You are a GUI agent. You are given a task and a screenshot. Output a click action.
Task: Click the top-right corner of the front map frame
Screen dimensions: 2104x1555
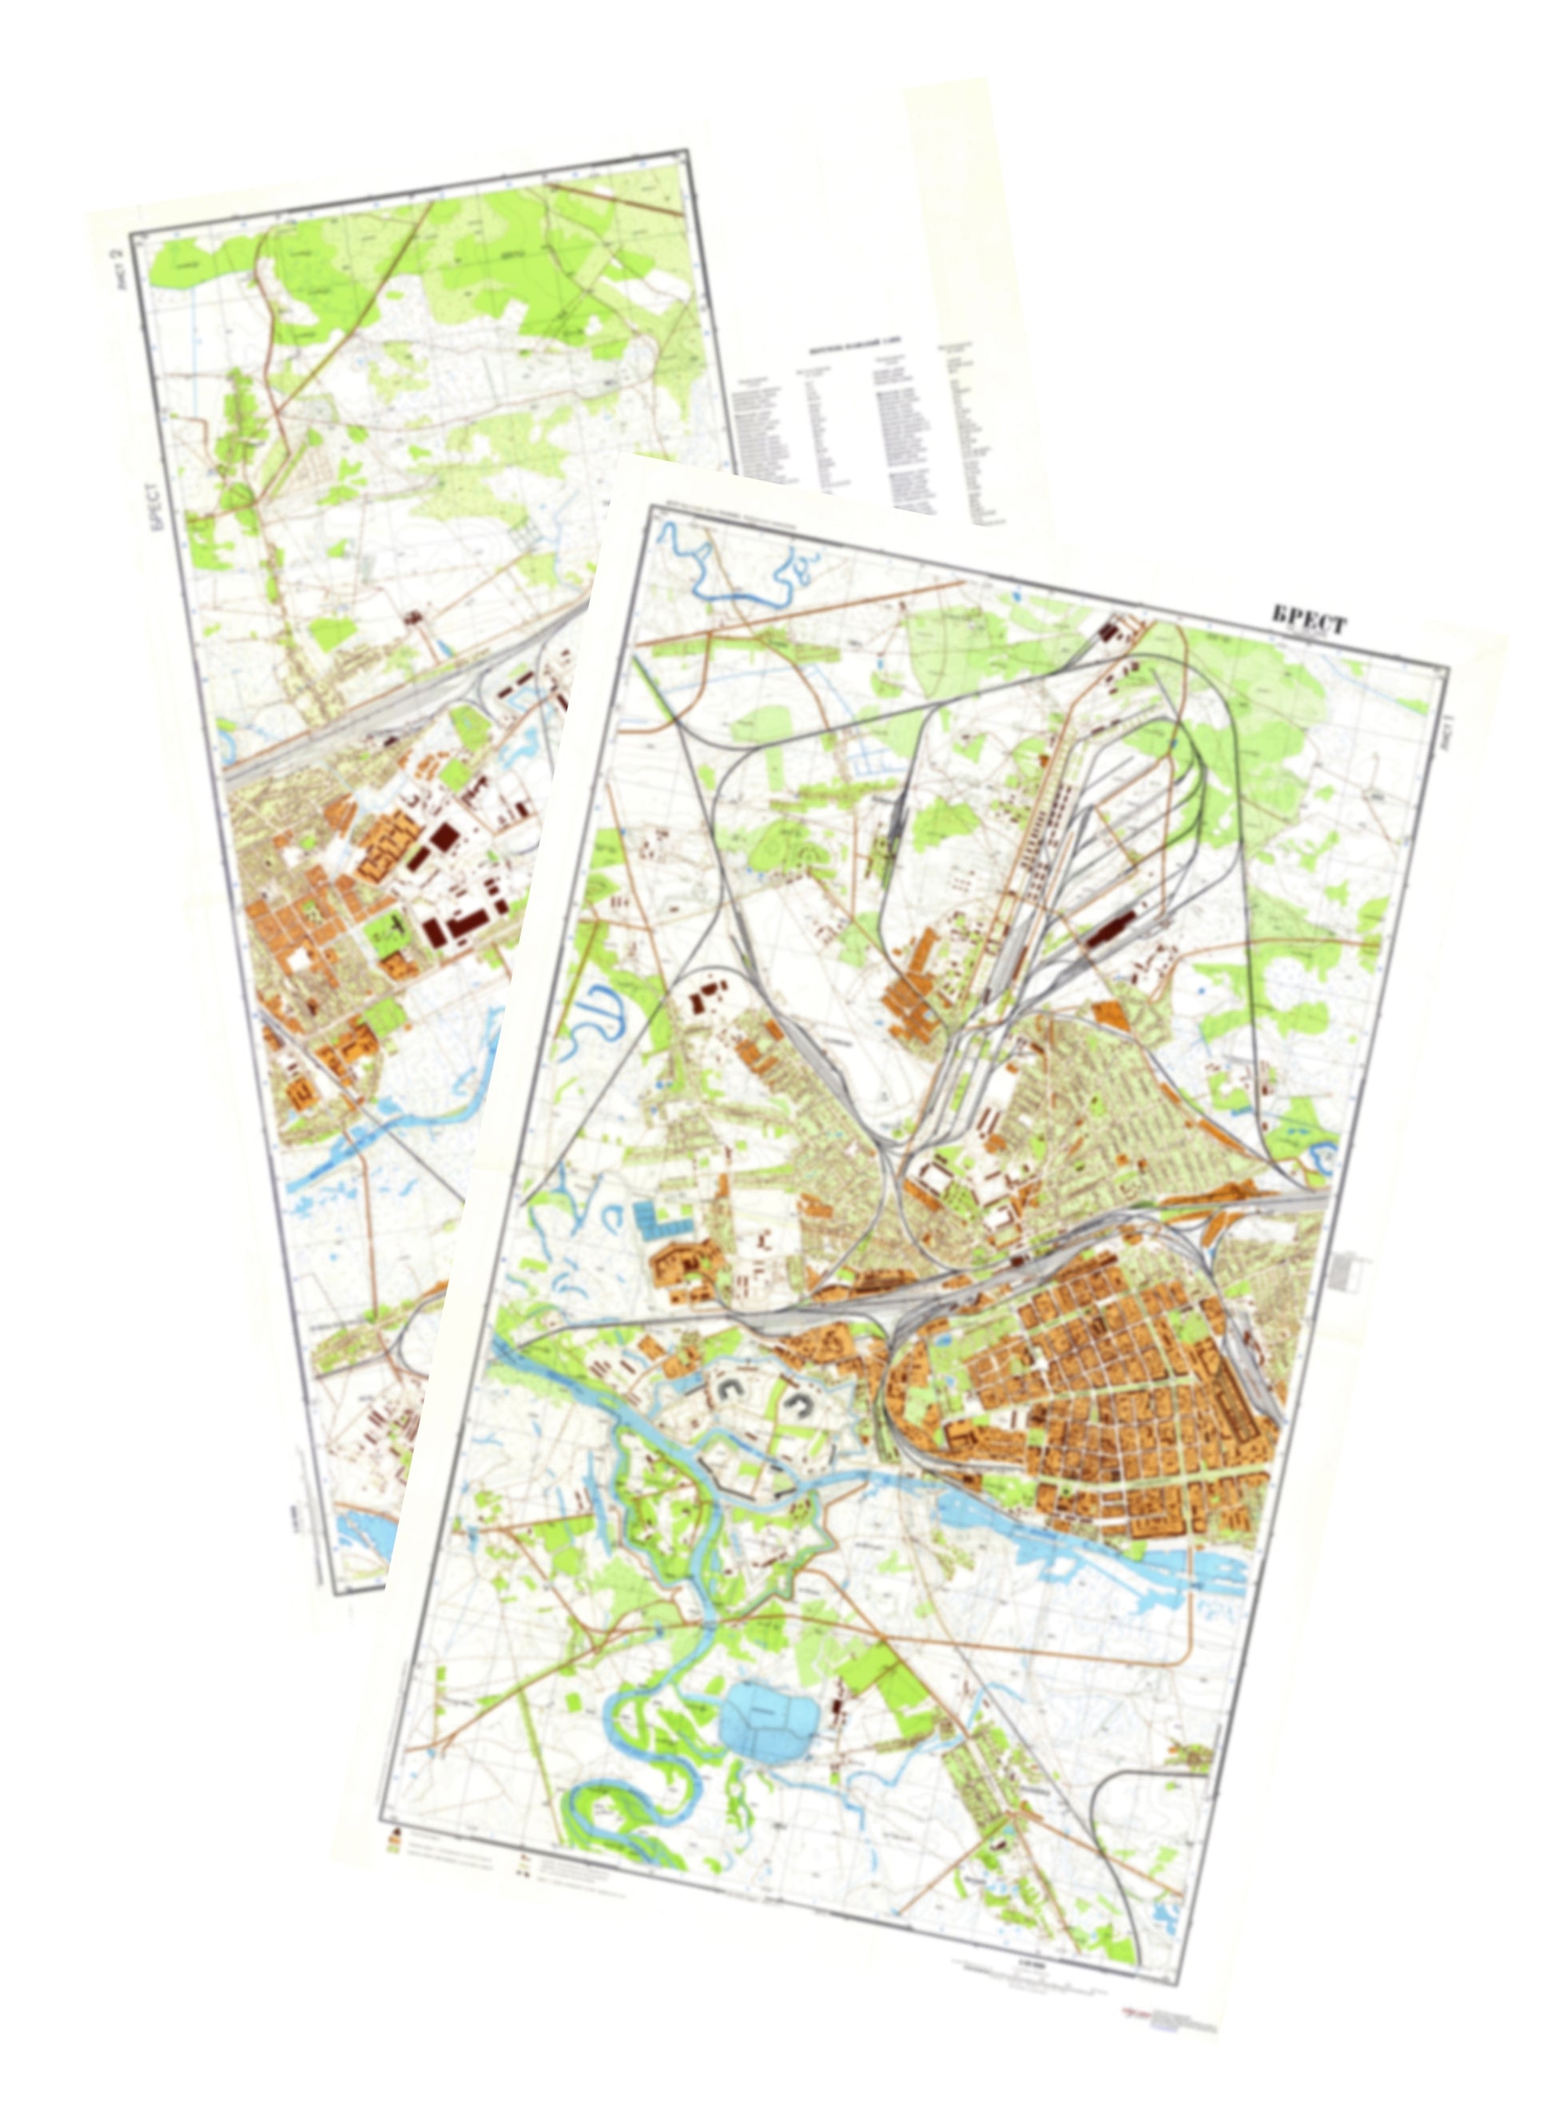click(x=1449, y=667)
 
